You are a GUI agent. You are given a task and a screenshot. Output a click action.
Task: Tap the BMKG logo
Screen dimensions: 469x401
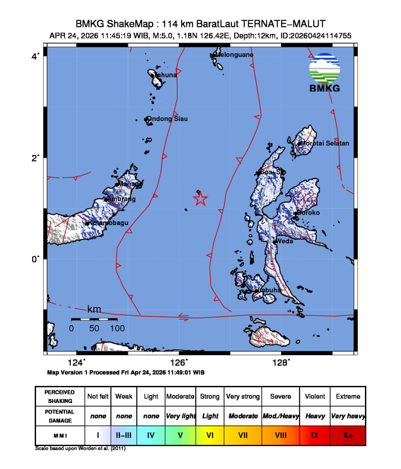coord(325,73)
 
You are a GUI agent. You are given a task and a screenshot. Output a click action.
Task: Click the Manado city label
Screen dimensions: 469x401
coord(129,184)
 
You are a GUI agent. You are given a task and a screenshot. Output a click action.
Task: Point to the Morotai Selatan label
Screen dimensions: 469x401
coord(325,143)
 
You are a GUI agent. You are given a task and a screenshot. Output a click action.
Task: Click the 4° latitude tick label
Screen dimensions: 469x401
coord(37,56)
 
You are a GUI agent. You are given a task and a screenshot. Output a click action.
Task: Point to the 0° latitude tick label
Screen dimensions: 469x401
coord(37,259)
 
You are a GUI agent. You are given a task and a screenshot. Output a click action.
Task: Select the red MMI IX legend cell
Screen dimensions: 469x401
coord(315,434)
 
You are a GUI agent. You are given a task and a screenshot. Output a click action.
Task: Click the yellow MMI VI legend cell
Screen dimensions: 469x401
coord(210,434)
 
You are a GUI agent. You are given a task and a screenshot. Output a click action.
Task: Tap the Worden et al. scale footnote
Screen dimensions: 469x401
coord(81,449)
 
